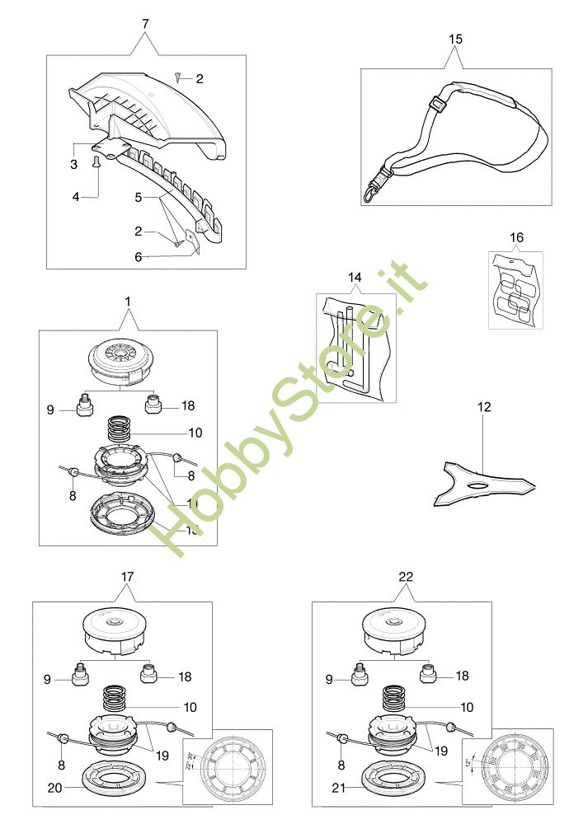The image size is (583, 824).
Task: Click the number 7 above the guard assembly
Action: (x=146, y=24)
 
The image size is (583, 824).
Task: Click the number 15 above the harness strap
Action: (x=456, y=39)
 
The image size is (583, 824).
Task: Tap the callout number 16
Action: (x=516, y=238)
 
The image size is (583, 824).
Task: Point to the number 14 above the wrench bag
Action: (x=355, y=278)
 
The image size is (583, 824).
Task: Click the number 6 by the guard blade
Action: (x=139, y=256)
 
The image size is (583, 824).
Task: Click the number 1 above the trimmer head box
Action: (x=128, y=302)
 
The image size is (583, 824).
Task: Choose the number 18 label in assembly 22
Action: (x=462, y=676)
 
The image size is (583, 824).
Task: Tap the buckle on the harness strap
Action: (x=439, y=106)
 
